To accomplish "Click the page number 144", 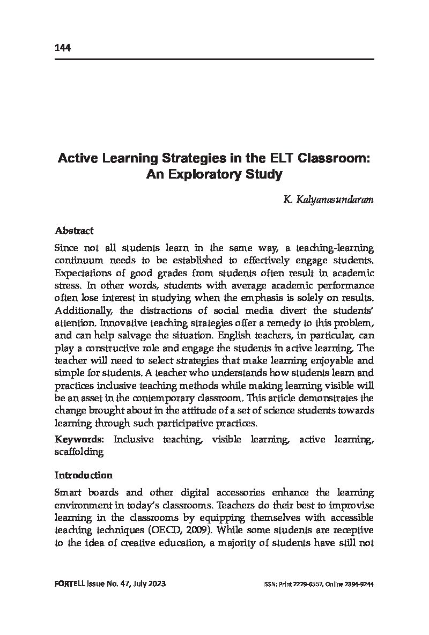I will (63, 48).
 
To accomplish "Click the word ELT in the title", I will (280, 159).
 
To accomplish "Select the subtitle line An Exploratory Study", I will (214, 174).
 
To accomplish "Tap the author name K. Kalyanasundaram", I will (328, 200).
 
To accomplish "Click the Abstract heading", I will (74, 231).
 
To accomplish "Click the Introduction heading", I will (83, 475).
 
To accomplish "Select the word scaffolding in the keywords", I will (79, 452).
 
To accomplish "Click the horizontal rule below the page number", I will (214, 59).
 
